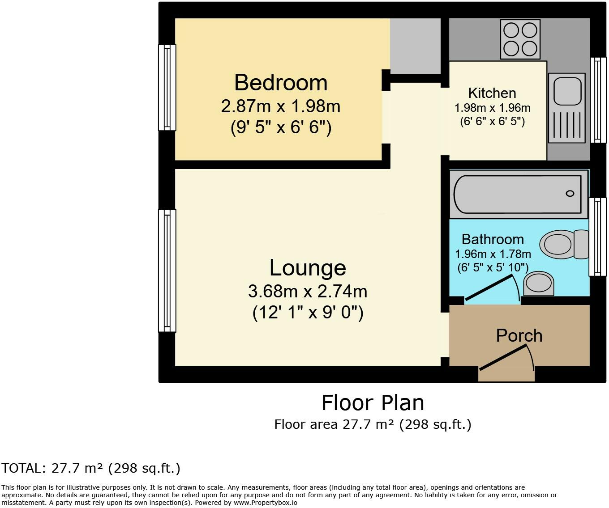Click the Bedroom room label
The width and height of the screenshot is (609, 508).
point(281,83)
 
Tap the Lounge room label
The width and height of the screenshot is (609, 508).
point(308,268)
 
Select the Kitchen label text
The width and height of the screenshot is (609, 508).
point(492,93)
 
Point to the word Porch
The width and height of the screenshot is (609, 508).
point(519,335)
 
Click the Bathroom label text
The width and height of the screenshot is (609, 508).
point(493,239)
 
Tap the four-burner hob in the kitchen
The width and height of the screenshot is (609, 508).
point(520,40)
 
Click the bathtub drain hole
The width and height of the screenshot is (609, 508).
point(570,194)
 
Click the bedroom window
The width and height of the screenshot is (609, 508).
point(167,87)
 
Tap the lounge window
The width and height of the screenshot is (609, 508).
point(167,271)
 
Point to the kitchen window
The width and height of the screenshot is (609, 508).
point(598,100)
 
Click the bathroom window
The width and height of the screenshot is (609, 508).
point(598,237)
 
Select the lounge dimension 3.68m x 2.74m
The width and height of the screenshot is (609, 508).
point(308,292)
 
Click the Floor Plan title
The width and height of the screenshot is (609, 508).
point(373,403)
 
